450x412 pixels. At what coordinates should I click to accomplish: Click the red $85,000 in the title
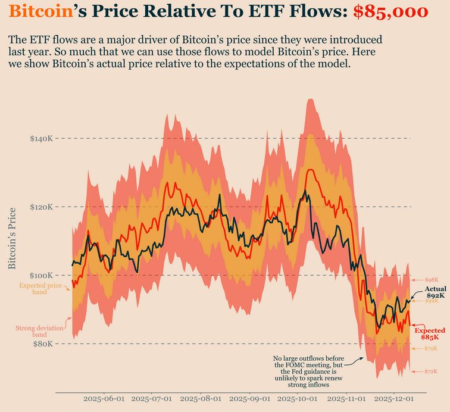tap(390, 12)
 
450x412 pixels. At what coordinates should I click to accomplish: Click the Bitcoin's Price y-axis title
tap(12, 238)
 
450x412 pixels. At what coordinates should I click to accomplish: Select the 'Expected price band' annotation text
tap(40, 289)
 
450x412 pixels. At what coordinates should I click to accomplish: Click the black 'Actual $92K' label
tap(435, 292)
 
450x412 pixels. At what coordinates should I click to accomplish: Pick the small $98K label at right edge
tap(432, 280)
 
